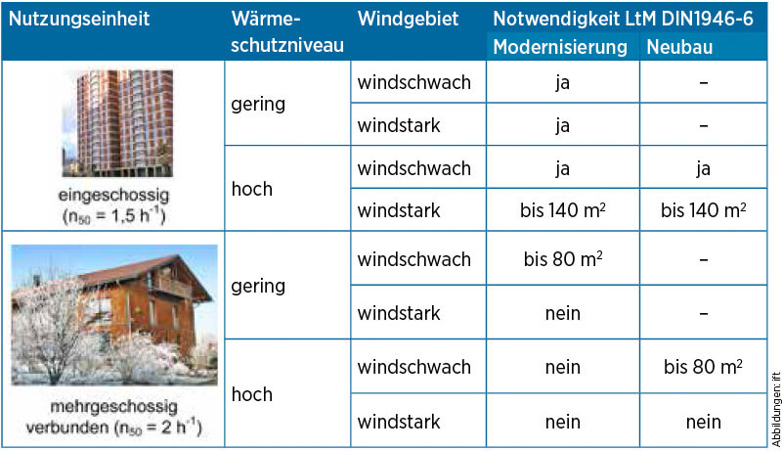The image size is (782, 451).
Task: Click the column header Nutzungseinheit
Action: [79, 20]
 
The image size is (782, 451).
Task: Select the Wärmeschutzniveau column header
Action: [287, 32]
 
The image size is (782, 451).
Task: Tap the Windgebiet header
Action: [408, 19]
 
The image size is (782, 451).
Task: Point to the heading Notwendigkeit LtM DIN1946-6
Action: [623, 19]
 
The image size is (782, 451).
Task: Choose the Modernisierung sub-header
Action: [560, 47]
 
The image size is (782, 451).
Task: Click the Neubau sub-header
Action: [679, 47]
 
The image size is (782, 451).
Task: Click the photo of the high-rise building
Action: [117, 123]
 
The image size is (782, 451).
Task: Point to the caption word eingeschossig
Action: [113, 195]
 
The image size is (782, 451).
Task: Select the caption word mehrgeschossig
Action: [113, 407]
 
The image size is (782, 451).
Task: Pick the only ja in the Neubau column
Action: [703, 168]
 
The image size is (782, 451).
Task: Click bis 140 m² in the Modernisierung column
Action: [563, 210]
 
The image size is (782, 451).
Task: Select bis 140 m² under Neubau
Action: [703, 210]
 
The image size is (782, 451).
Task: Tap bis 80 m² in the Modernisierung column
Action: [563, 259]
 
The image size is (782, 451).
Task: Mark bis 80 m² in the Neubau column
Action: [703, 367]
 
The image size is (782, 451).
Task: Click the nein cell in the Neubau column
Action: [703, 422]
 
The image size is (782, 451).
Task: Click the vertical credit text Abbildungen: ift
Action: [776, 409]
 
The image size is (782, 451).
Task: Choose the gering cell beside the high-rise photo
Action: [258, 105]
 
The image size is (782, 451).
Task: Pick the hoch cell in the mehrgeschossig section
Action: [252, 394]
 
